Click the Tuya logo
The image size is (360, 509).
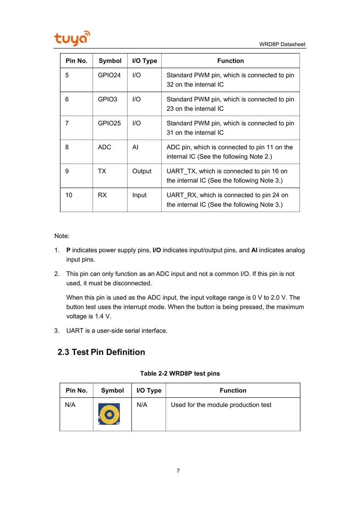point(72,38)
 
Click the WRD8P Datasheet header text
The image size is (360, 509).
point(282,44)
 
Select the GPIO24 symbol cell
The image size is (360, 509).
point(109,75)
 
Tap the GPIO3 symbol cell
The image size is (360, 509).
point(107,99)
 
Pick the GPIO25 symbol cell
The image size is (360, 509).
point(109,123)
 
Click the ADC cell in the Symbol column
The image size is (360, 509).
point(104,147)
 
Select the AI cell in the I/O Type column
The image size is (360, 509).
point(135,147)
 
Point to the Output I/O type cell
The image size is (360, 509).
point(142,171)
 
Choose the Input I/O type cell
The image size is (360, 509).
point(139,195)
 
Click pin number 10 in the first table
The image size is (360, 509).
point(69,195)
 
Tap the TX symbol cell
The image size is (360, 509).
point(102,171)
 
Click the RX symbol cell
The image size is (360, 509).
point(102,195)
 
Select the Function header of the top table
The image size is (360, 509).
point(230,61)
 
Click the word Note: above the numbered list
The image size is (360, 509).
point(62,236)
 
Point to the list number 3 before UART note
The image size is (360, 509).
point(56,330)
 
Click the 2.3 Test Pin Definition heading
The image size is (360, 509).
point(101,352)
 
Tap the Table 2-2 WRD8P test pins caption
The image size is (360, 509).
point(180,373)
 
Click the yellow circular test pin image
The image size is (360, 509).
point(109,414)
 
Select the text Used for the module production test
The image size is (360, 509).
point(221,405)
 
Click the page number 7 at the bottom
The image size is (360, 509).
point(178,471)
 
